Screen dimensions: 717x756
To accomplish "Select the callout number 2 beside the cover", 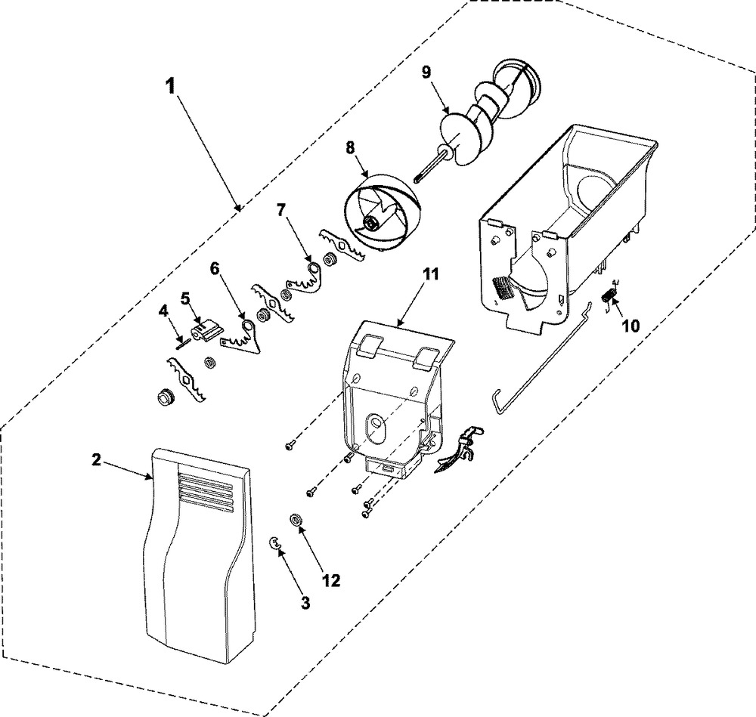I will click(x=97, y=461).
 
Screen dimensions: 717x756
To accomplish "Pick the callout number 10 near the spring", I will click(x=630, y=326).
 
